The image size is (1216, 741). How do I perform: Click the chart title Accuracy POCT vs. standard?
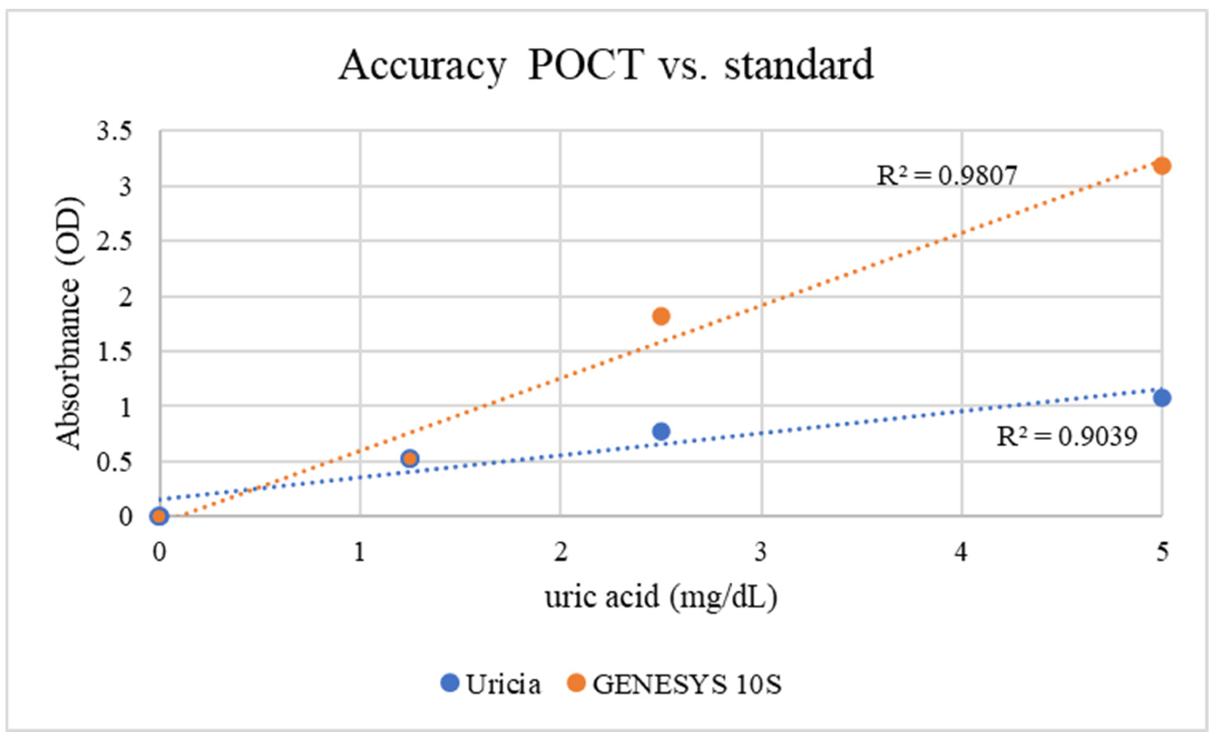pyautogui.click(x=606, y=65)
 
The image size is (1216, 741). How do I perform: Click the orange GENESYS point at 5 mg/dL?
pyautogui.click(x=1162, y=166)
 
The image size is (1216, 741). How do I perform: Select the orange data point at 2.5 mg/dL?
pyautogui.click(x=661, y=316)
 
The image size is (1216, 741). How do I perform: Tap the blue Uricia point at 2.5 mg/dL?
pyautogui.click(x=661, y=431)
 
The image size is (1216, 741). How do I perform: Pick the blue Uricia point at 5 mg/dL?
pyautogui.click(x=1162, y=397)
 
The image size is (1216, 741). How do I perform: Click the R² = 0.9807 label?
pyautogui.click(x=946, y=176)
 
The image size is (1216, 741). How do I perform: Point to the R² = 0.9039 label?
pyautogui.click(x=1067, y=437)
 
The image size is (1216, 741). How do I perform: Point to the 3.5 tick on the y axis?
pyautogui.click(x=114, y=132)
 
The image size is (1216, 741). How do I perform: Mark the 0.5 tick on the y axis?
pyautogui.click(x=114, y=462)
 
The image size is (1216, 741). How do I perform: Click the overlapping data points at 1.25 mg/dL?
pyautogui.click(x=409, y=458)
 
